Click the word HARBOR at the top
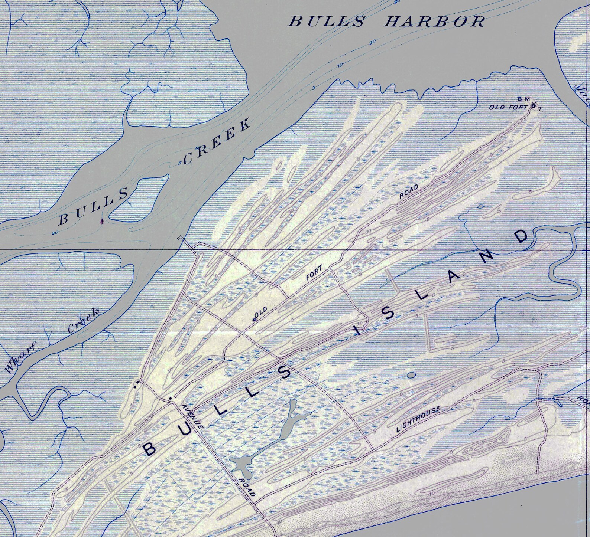[x=434, y=21]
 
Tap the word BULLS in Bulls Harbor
[x=327, y=21]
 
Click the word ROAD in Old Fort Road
[x=409, y=192]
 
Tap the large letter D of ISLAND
[x=521, y=237]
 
